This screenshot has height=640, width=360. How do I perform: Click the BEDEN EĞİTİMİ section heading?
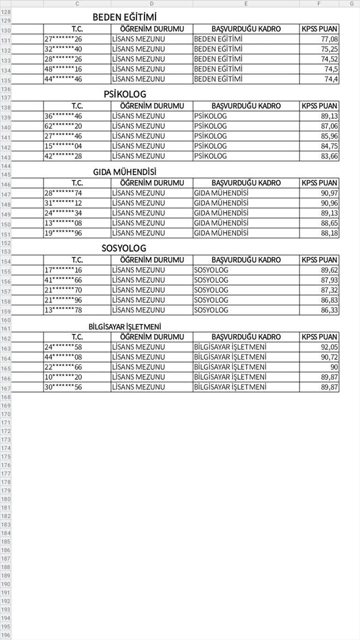pos(124,17)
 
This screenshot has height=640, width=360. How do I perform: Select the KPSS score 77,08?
pos(329,39)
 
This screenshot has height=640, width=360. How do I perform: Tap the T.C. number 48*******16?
pos(63,69)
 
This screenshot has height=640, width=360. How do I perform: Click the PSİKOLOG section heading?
pos(125,94)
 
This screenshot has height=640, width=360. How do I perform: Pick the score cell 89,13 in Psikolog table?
pos(329,116)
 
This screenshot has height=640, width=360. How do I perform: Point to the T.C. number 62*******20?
pos(63,126)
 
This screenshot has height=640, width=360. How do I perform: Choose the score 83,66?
pos(329,156)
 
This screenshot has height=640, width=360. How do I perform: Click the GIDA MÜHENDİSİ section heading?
pos(124,172)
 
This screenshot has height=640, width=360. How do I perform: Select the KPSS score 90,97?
pos(329,193)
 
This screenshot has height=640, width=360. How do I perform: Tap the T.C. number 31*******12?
pos(63,203)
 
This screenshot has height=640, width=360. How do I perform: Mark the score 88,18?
pos(329,233)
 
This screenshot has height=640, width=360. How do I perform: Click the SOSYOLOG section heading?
pos(124,248)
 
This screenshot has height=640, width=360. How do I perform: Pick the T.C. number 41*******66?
pos(63,280)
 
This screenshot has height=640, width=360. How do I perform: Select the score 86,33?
pos(329,310)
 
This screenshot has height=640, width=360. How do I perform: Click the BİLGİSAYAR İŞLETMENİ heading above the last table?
pos(125,326)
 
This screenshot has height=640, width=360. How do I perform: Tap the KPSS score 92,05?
pos(329,347)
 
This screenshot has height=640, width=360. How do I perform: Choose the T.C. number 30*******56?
pos(63,387)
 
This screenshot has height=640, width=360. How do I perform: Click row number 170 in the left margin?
pos(5,414)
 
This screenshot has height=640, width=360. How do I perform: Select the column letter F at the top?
pos(319,3)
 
